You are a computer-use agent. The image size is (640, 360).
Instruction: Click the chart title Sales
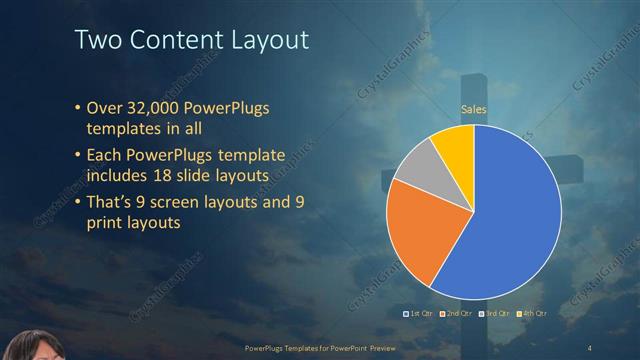click(x=474, y=109)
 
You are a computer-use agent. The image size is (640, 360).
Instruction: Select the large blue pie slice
click(x=500, y=220)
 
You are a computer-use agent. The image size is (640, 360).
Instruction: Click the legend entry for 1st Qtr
click(x=418, y=313)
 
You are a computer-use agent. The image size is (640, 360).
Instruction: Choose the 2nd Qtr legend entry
click(x=458, y=313)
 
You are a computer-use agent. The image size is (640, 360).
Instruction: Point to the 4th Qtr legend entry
click(x=534, y=313)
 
